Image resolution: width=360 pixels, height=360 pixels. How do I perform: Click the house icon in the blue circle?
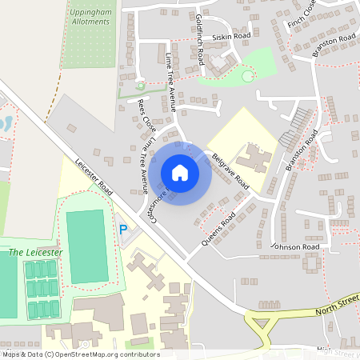(179, 173)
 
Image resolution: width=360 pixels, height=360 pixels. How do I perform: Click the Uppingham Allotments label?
(90, 17)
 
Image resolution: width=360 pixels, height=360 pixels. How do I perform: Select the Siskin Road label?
(231, 37)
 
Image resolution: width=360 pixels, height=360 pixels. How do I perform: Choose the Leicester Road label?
(94, 172)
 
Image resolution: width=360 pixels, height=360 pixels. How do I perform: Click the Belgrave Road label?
(230, 170)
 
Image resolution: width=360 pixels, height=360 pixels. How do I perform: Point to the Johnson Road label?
(295, 247)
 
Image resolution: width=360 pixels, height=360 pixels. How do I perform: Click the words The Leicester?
(35, 252)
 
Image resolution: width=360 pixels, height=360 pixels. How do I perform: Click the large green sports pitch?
(86, 240)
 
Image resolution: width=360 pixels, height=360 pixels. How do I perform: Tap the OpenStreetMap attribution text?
(80, 354)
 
